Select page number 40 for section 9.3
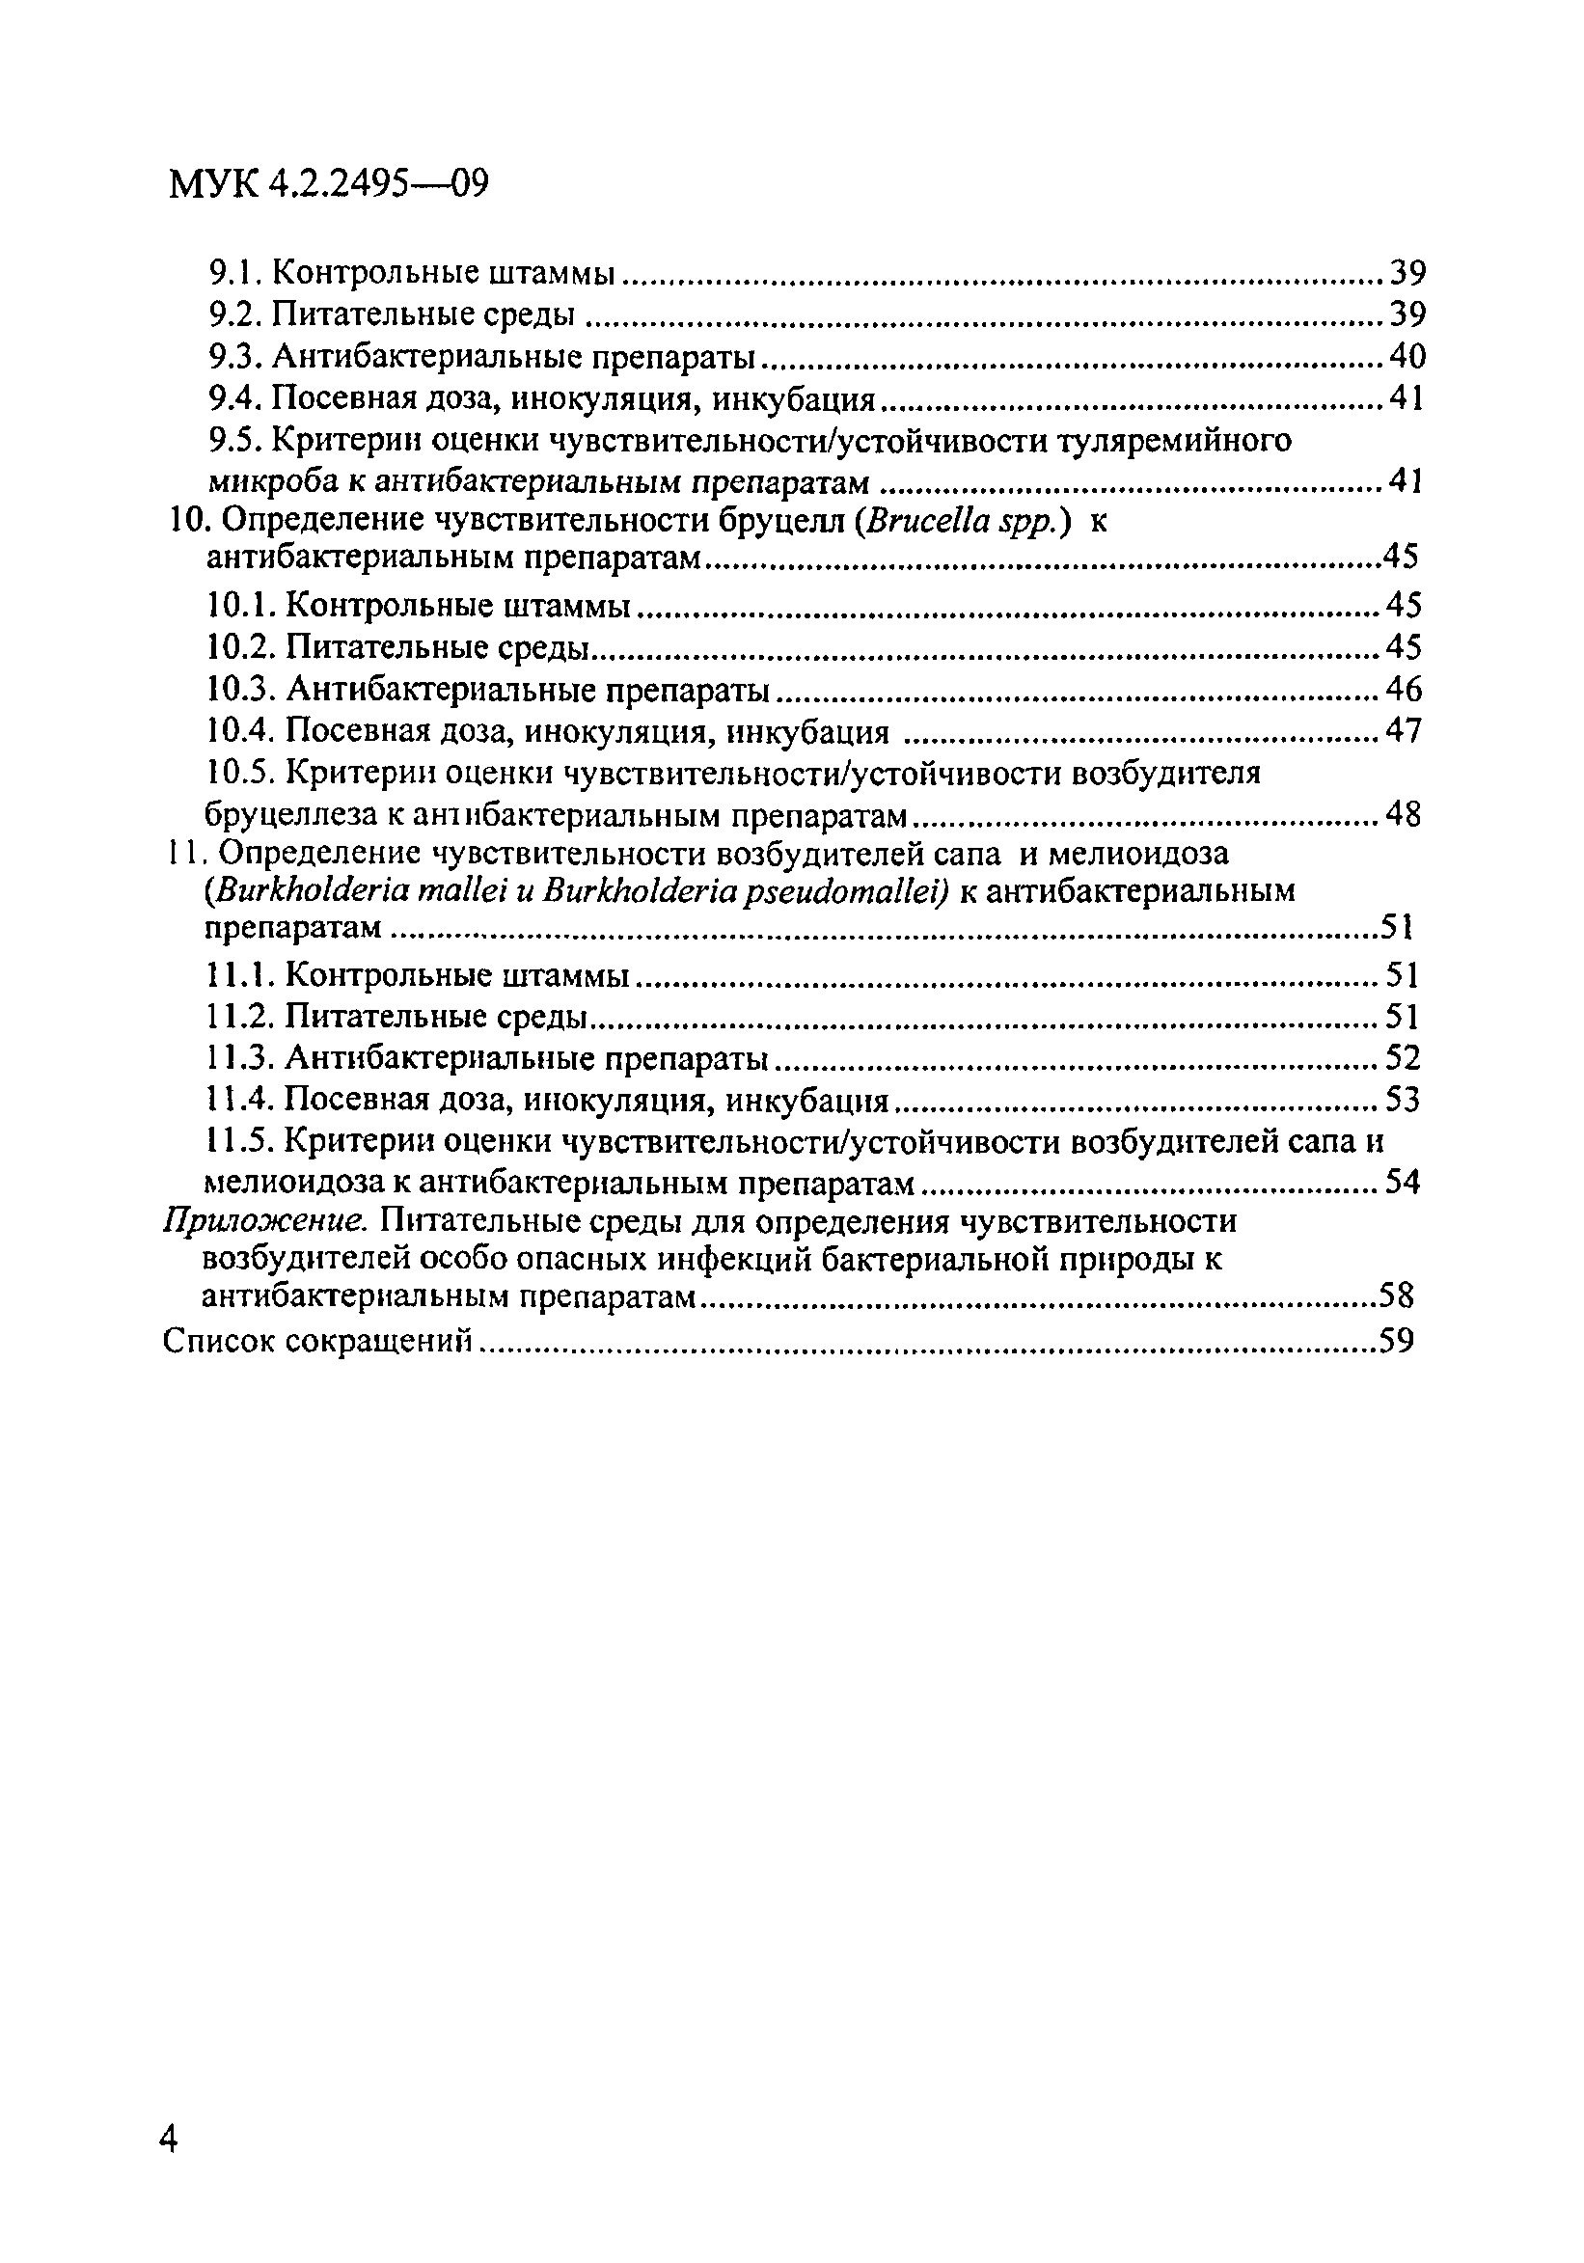click(x=1406, y=356)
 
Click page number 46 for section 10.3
click(x=1403, y=688)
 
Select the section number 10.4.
click(x=242, y=731)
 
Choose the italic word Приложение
click(x=265, y=1222)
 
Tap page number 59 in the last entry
click(x=1396, y=1342)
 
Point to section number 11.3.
click(x=241, y=1058)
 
